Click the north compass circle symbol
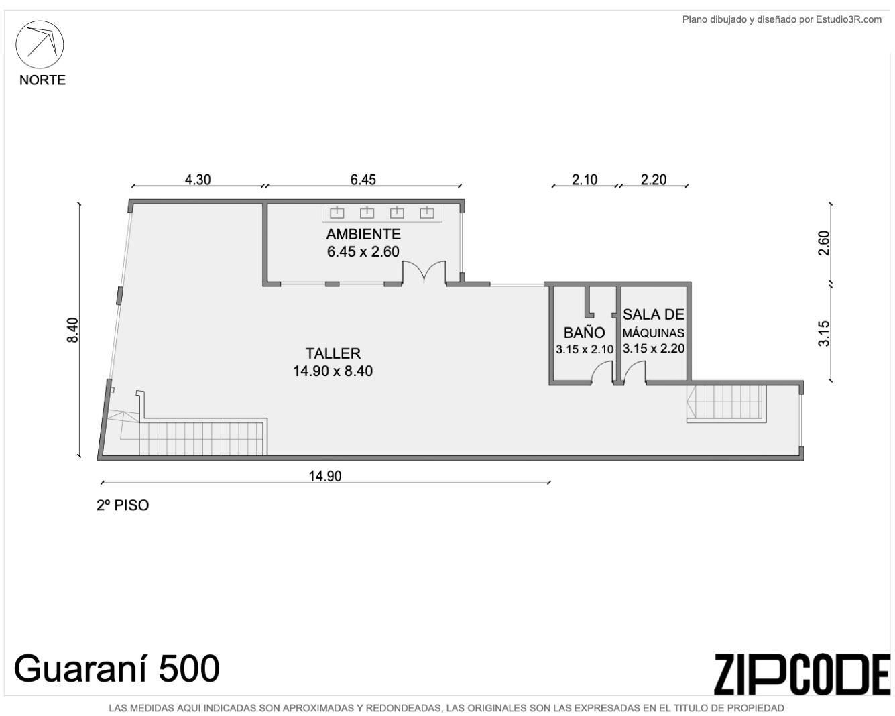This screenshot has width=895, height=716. [40, 21]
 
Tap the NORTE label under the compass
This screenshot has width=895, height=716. [42, 80]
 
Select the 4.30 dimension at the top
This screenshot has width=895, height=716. [198, 180]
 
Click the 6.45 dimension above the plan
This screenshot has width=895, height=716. [363, 180]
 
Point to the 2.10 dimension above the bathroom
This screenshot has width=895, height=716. [585, 180]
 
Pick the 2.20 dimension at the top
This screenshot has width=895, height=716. [654, 180]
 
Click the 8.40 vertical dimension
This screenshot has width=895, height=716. [73, 330]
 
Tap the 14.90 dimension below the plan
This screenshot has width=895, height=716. [324, 476]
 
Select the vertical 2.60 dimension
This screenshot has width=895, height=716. [824, 243]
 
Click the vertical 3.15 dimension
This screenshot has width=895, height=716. [824, 333]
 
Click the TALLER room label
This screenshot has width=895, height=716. [333, 353]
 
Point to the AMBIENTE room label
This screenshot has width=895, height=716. [363, 234]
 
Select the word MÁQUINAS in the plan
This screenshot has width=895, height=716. [654, 333]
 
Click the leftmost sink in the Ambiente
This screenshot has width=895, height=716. [337, 213]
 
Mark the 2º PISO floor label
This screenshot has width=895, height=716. [123, 505]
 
